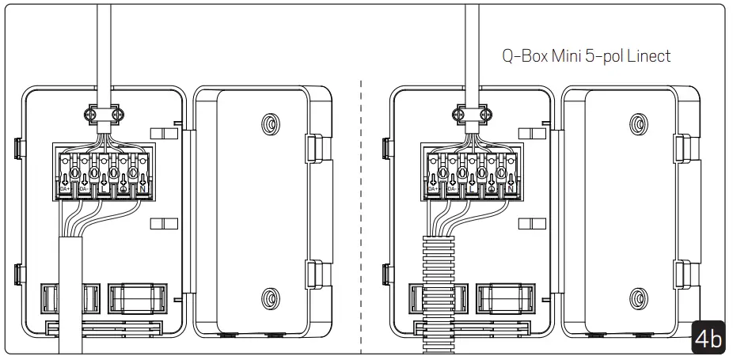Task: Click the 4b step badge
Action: point(708,338)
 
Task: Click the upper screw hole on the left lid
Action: point(268,125)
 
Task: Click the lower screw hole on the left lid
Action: point(268,298)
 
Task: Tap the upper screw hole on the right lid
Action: point(636,125)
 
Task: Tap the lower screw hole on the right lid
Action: point(636,298)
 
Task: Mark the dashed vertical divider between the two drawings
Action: point(361,214)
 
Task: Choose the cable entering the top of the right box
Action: point(473,47)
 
